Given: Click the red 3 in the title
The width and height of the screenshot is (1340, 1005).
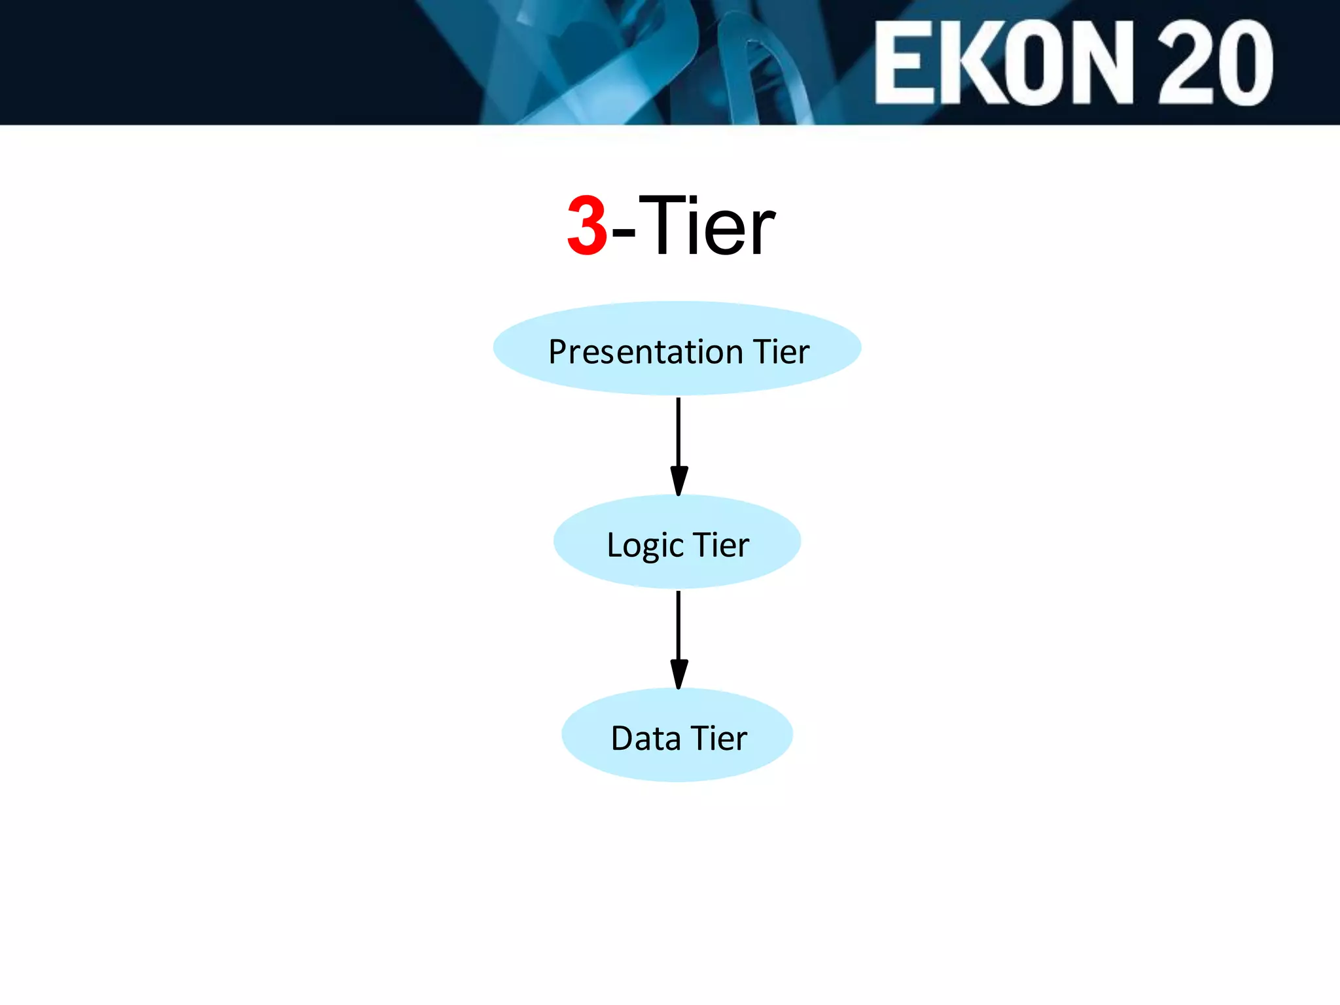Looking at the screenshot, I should (x=587, y=226).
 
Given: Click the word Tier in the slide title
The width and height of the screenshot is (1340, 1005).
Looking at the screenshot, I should (x=707, y=226).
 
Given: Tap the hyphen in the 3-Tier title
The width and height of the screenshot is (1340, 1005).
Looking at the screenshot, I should (x=623, y=231).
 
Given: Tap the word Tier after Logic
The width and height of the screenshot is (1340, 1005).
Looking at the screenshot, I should (x=721, y=545).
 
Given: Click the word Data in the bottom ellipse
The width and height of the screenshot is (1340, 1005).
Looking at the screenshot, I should (x=645, y=739).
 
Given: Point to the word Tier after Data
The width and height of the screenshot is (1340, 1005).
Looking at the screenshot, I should (x=719, y=739).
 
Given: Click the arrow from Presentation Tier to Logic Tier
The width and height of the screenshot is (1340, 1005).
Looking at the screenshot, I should (x=679, y=432).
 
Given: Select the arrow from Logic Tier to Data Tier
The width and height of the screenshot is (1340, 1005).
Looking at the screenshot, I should (x=679, y=625).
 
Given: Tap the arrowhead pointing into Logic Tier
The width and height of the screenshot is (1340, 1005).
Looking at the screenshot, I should (x=679, y=481).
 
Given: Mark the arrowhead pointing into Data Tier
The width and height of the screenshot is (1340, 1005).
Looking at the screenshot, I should (x=679, y=674).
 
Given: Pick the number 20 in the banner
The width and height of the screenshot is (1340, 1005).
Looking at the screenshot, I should (x=1216, y=63).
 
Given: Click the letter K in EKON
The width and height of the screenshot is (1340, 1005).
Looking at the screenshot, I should (x=971, y=63).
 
